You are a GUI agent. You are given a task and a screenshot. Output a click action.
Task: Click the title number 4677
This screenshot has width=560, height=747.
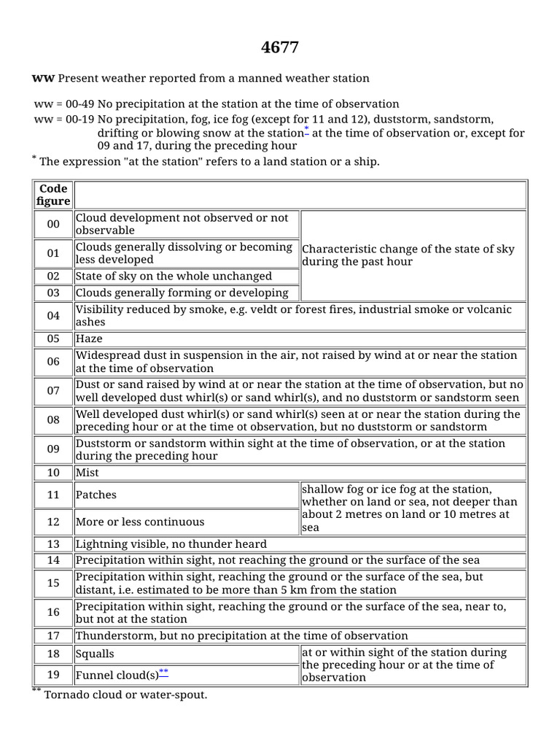click(280, 47)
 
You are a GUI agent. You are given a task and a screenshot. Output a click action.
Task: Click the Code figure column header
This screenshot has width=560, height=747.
click(54, 195)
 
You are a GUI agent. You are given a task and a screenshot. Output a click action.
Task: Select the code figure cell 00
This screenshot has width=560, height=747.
click(54, 224)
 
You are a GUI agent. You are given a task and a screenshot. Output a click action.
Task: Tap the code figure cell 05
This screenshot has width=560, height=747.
click(54, 339)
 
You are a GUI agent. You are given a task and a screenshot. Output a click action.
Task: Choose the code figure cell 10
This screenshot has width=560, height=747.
click(54, 473)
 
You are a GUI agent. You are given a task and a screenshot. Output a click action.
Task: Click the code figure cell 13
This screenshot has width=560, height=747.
click(54, 544)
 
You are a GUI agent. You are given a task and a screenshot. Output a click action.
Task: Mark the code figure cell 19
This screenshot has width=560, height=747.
click(54, 675)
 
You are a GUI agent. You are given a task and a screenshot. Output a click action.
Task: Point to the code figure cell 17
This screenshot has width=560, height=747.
click(54, 636)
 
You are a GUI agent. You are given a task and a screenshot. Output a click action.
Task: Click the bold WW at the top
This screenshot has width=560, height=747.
click(43, 78)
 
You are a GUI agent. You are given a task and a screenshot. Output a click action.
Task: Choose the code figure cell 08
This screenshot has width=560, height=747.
click(54, 420)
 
